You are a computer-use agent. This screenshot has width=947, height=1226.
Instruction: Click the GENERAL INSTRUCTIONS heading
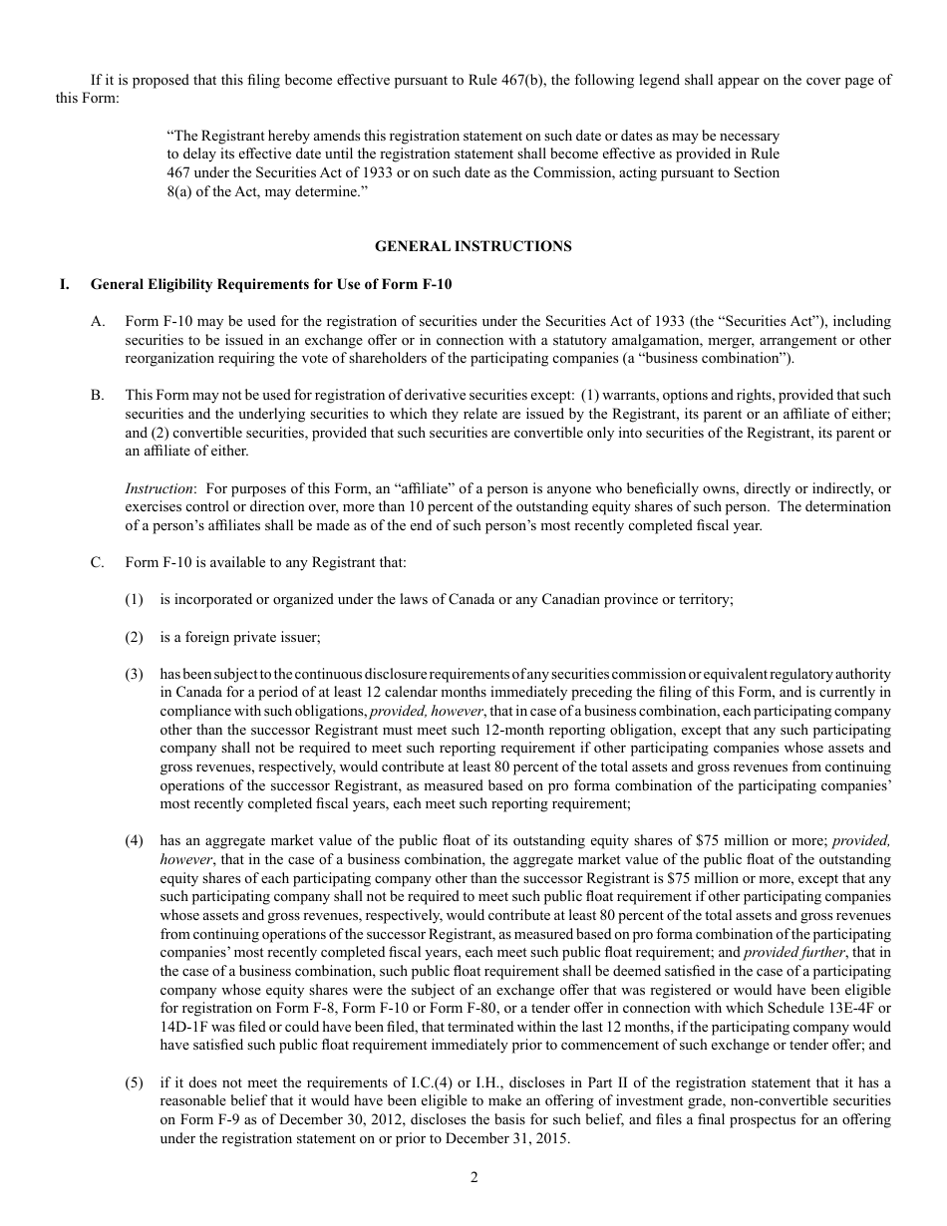(x=473, y=246)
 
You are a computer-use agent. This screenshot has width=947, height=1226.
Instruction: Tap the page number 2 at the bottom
(x=473, y=1177)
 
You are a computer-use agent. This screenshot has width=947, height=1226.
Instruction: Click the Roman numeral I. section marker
(x=65, y=284)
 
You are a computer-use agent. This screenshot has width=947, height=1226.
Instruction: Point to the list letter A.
(x=98, y=321)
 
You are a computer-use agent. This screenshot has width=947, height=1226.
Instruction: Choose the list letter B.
(x=98, y=396)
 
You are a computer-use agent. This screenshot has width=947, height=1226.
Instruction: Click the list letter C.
(x=98, y=562)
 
